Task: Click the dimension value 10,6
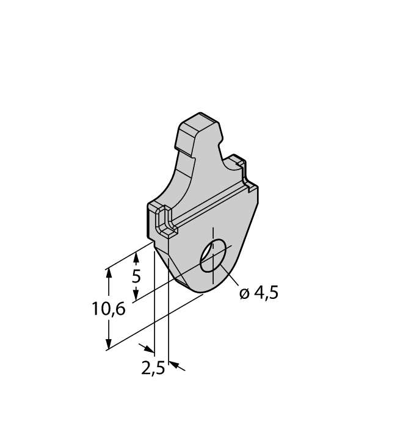coord(109,309)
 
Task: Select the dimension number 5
coord(136,276)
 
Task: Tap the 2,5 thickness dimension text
coord(153,369)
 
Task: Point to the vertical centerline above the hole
coord(212,234)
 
